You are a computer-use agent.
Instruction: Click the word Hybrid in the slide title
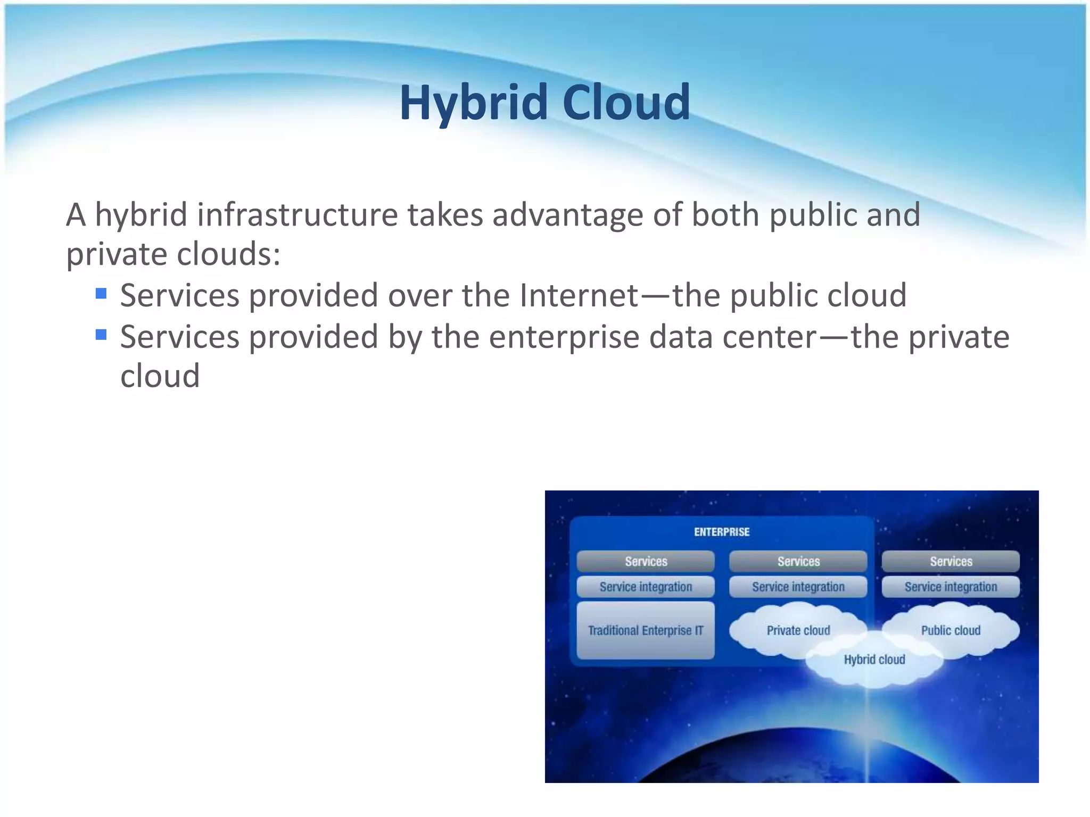tap(473, 103)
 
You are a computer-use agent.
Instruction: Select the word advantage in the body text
tap(567, 216)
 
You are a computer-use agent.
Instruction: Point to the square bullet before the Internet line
tap(101, 294)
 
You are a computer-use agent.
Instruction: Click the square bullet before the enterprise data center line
tap(101, 335)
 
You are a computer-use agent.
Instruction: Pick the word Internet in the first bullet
tap(579, 295)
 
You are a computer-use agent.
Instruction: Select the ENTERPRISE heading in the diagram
tap(722, 532)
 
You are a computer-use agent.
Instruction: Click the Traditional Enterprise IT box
tap(646, 630)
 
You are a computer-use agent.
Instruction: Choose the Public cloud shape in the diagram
tap(951, 630)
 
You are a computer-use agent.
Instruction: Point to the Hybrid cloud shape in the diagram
tap(874, 660)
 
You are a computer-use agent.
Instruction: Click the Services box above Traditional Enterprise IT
tap(646, 561)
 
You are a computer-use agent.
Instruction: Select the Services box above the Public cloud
tap(951, 561)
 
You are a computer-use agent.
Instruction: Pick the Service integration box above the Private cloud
tap(798, 587)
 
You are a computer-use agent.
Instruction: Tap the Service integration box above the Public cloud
tap(951, 587)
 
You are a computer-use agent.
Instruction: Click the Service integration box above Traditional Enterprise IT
tap(646, 587)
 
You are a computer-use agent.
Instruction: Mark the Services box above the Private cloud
tap(798, 561)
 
